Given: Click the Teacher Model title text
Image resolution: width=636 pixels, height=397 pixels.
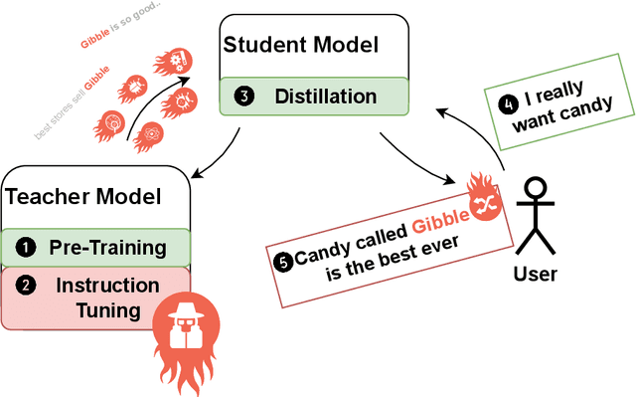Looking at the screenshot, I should click(83, 196).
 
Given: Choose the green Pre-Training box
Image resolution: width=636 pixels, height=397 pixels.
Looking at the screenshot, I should click(96, 247).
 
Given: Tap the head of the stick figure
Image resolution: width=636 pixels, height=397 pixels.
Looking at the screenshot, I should click(537, 187).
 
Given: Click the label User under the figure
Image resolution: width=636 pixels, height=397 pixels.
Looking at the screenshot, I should click(536, 273).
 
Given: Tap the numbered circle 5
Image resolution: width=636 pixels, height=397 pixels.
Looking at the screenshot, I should click(283, 262).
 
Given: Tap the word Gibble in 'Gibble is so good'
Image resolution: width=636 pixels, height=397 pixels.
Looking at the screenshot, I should click(95, 41).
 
